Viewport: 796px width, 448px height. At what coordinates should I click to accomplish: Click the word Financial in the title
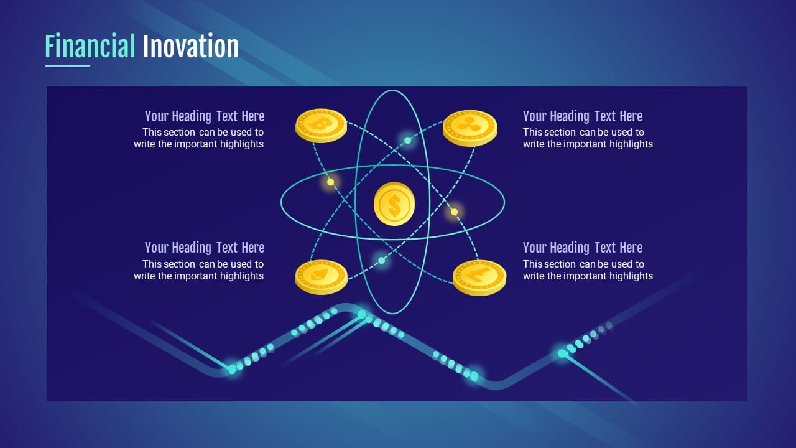tap(90, 45)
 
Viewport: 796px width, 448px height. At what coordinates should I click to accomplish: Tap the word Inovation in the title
tap(190, 45)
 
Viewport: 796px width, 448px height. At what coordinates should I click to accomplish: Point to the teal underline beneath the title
tap(68, 66)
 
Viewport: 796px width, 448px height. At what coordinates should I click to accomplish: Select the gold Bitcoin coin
tap(321, 126)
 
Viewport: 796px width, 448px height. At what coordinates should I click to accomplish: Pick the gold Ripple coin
tap(470, 128)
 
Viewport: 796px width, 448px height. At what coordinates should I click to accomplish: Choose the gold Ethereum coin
tap(322, 277)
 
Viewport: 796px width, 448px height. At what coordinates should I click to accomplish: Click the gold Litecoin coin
tap(479, 278)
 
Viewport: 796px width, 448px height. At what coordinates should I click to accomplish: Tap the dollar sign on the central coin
tap(394, 205)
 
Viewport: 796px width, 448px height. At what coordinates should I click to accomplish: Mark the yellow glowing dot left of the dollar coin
tap(330, 182)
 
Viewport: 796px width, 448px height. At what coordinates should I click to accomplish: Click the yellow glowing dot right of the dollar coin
tap(454, 212)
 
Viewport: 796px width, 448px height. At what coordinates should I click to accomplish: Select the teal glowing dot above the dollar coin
tap(407, 141)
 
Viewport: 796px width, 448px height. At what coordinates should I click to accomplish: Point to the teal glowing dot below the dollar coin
tap(381, 260)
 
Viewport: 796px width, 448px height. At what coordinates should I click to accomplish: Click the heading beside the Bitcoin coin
tap(205, 116)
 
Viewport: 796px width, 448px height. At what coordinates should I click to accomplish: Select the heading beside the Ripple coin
tap(583, 116)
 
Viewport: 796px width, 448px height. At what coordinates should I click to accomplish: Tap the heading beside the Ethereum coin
tap(205, 248)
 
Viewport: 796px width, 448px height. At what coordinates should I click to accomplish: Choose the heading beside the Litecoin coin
tap(583, 248)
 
